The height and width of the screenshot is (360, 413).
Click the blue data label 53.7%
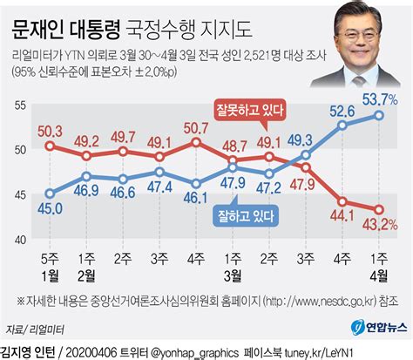(x=380, y=96)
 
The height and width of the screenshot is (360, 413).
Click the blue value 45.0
(x=50, y=207)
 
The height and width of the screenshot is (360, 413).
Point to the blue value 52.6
(x=342, y=111)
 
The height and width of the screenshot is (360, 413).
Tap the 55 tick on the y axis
(x=19, y=105)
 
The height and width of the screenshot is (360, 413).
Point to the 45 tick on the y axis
(x=19, y=194)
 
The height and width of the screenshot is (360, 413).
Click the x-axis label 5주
(x=50, y=260)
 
